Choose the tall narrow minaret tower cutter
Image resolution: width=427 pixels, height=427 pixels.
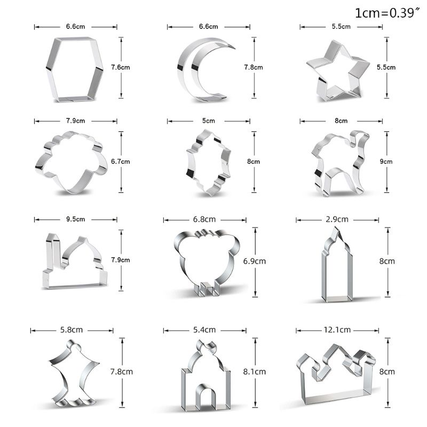point(323,272)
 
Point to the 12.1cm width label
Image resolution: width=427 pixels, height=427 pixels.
point(337,330)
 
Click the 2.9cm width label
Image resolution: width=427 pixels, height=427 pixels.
point(337,219)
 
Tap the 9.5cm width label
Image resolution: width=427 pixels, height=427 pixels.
point(75,219)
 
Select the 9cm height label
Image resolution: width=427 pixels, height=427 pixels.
point(386,162)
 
